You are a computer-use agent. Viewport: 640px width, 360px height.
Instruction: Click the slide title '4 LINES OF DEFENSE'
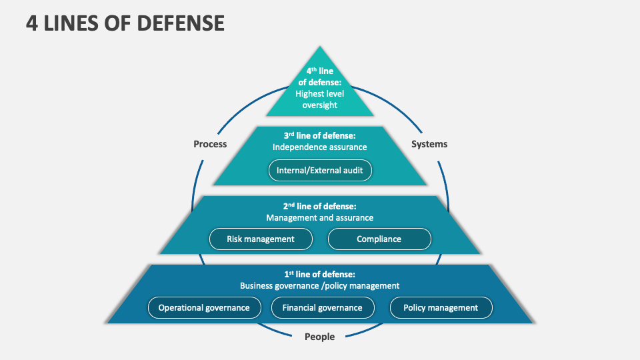tap(125, 23)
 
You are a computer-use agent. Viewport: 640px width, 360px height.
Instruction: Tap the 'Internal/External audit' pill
tap(320, 170)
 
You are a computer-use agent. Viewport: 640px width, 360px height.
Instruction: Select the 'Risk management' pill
tap(261, 239)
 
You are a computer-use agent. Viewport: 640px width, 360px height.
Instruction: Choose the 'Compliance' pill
tap(379, 239)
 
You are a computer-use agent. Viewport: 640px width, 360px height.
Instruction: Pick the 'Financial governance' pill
tap(322, 307)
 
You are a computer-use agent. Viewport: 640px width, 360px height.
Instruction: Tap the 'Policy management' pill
tap(441, 307)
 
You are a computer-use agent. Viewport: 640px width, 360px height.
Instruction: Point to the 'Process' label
tap(210, 144)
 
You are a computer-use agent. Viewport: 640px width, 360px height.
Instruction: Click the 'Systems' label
tap(429, 144)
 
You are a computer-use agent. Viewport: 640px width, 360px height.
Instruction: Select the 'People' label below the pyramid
tap(320, 337)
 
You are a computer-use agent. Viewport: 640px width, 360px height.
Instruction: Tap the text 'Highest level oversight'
tap(321, 99)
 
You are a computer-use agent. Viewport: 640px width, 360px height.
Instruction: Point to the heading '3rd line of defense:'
tap(320, 135)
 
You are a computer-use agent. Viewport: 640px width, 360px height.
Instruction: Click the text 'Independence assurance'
tap(320, 147)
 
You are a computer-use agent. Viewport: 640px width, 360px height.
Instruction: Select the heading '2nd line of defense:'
tap(320, 206)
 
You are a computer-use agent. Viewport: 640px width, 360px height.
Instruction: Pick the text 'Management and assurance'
tap(320, 217)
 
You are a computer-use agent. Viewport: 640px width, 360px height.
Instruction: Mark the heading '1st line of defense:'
tap(320, 274)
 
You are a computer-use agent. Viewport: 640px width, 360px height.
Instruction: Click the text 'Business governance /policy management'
tap(320, 285)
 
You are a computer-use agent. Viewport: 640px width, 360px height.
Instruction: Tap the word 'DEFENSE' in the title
tap(181, 23)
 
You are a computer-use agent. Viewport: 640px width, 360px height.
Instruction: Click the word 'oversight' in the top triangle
tap(321, 105)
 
